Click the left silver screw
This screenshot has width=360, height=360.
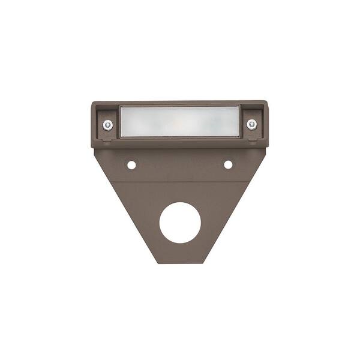coord(108,125)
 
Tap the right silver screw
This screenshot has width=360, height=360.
coord(251,124)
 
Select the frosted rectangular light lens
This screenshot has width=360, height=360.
coord(179,122)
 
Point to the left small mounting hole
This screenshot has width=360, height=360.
coord(131,164)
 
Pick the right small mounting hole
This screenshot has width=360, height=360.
coord(228,164)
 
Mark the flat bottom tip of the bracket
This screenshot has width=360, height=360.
coord(179,262)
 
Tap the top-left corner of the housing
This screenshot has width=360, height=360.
coord(92,103)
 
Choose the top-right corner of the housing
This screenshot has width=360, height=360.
coord(266,103)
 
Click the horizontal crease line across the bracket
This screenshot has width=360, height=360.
coord(179,182)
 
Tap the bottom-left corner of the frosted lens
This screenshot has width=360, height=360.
coord(121,137)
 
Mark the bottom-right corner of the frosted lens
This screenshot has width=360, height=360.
coord(239,137)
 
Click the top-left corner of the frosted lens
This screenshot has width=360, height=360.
coord(121,107)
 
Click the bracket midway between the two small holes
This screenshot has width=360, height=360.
coord(179,164)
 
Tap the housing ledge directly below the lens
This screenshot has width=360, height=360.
coord(179,143)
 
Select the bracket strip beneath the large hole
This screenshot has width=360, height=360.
coord(179,253)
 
